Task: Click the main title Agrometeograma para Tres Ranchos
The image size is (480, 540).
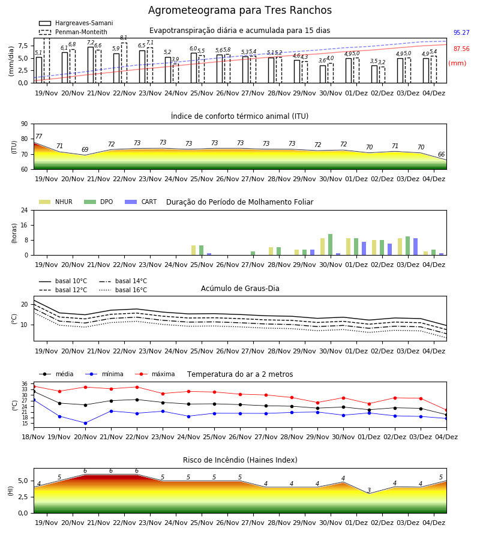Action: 239,10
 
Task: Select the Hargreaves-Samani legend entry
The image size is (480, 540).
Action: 76,23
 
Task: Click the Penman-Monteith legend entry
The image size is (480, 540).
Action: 73,32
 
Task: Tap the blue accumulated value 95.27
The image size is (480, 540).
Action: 461,33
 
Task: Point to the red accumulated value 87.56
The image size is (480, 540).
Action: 461,49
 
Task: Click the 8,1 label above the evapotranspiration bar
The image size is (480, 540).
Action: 124,38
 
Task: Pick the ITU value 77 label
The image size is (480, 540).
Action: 39,136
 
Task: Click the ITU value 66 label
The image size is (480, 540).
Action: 441,155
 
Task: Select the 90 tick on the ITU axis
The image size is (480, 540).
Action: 25,124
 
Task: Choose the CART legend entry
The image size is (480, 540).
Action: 141,202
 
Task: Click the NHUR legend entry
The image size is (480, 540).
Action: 56,202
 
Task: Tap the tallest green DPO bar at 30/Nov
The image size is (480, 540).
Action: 330,245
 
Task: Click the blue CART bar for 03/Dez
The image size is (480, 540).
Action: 416,247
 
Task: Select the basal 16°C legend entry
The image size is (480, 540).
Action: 123,290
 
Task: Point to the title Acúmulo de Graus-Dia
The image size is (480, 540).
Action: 240,289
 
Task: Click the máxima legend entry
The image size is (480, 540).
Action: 155,374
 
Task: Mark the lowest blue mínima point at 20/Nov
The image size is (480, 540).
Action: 85,423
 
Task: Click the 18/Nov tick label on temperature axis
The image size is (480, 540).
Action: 34,437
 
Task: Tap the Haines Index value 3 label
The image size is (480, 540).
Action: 369,490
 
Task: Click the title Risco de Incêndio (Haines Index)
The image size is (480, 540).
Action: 240,460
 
